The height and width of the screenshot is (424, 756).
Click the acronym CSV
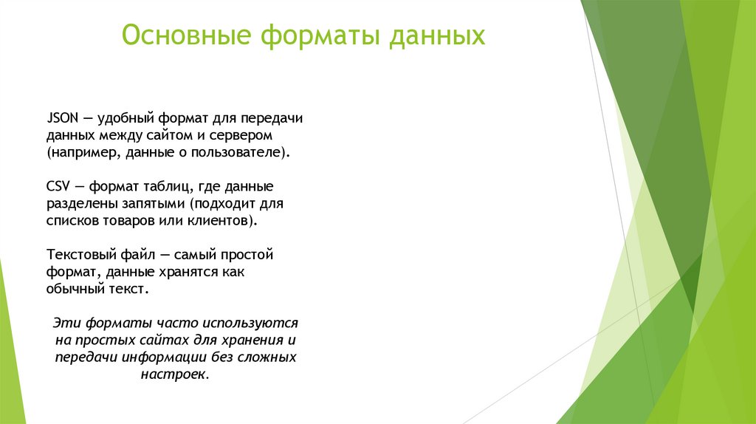tap(59, 185)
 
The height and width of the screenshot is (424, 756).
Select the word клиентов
tap(221, 220)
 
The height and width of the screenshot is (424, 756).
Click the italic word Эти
tap(66, 324)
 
